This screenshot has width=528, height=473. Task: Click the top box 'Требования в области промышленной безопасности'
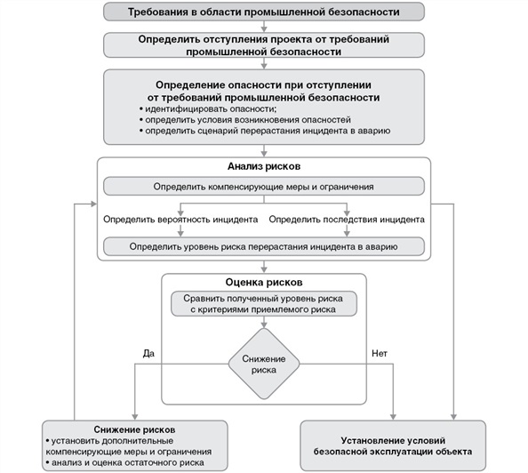263,12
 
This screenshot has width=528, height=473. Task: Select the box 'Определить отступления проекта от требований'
263,45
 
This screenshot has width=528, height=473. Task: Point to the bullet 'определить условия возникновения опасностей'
245,119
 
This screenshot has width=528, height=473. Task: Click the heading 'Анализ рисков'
264,166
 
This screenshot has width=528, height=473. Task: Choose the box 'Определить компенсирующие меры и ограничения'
263,187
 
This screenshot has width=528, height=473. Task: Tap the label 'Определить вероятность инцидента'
180,218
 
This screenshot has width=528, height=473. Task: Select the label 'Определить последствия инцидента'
346,218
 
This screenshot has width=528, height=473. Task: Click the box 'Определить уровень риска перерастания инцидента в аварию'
263,245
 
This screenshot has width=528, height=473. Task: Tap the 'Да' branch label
148,353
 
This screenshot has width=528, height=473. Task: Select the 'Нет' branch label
379,353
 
